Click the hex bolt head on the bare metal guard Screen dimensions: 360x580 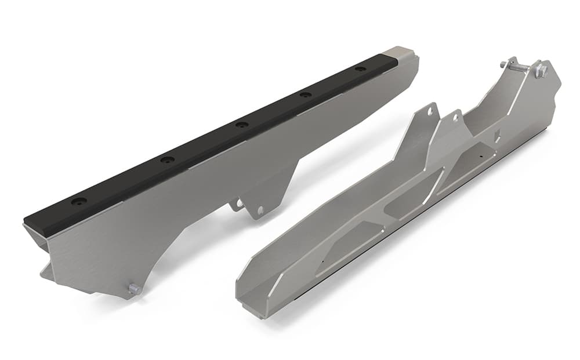pyautogui.click(x=541, y=71)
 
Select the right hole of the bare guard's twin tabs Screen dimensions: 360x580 pyautogui.click(x=455, y=118)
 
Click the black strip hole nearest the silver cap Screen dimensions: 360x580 pyautogui.click(x=360, y=69)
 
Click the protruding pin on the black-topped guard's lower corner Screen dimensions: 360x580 pyautogui.click(x=133, y=288)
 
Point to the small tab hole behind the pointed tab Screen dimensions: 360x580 pyautogui.click(x=237, y=203)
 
